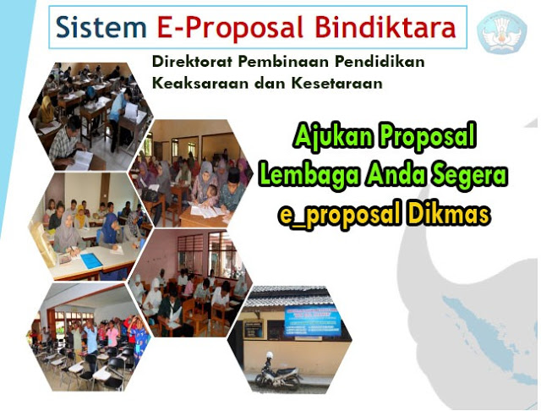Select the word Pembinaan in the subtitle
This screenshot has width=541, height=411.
[x=276, y=63]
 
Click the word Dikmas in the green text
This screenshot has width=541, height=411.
[x=451, y=215]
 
